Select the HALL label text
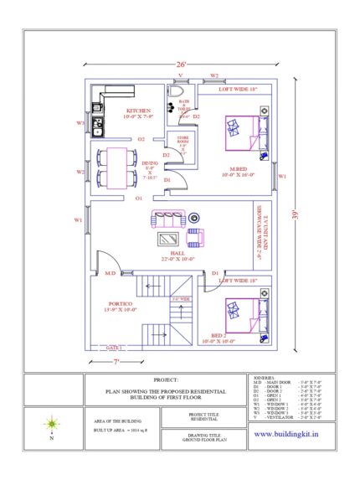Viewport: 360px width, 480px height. [177, 254]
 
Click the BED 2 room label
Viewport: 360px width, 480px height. [232, 336]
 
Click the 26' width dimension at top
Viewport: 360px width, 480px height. [181, 65]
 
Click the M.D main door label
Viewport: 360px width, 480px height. [109, 273]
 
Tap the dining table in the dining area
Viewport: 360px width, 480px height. [112, 168]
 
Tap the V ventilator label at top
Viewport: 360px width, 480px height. [179, 75]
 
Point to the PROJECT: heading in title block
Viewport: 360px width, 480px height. [165, 380]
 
